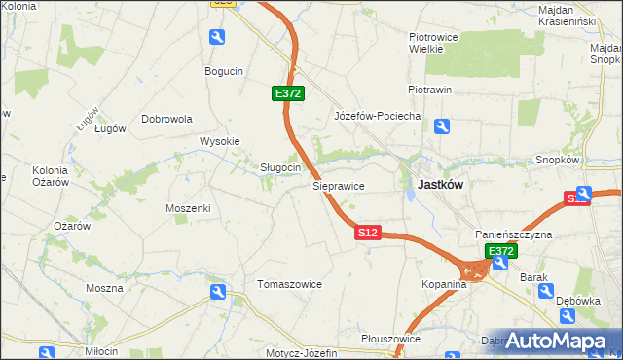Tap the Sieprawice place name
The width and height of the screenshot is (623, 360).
click(x=339, y=184)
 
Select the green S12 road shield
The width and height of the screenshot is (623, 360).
click(x=367, y=234)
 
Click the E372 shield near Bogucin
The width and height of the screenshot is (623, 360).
click(x=288, y=93)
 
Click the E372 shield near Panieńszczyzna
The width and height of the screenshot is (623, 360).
click(x=500, y=251)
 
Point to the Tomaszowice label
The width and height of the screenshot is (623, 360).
click(x=289, y=284)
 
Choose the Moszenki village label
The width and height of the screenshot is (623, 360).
click(x=188, y=208)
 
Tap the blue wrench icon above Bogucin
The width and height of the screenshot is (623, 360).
click(x=217, y=37)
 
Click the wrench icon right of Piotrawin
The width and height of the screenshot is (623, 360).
click(x=442, y=126)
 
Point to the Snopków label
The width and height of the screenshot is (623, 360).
click(x=558, y=160)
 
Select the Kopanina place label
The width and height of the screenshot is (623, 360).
click(x=445, y=284)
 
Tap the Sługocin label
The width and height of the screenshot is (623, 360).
click(x=279, y=167)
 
